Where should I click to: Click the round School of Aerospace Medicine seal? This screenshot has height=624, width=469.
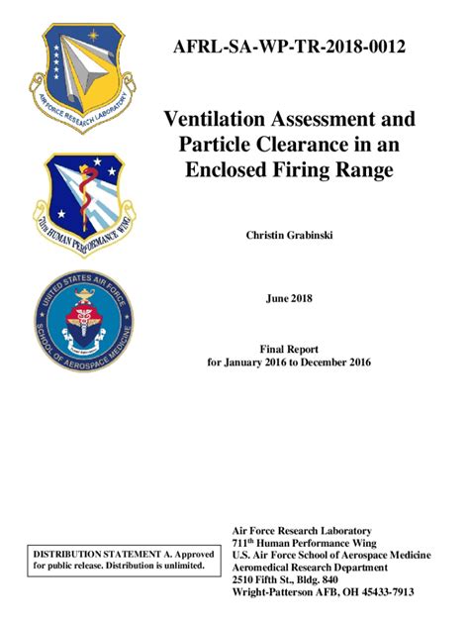85,318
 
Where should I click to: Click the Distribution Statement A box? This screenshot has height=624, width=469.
119,559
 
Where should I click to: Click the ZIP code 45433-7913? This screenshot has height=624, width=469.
386,591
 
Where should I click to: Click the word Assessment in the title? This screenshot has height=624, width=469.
338,120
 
